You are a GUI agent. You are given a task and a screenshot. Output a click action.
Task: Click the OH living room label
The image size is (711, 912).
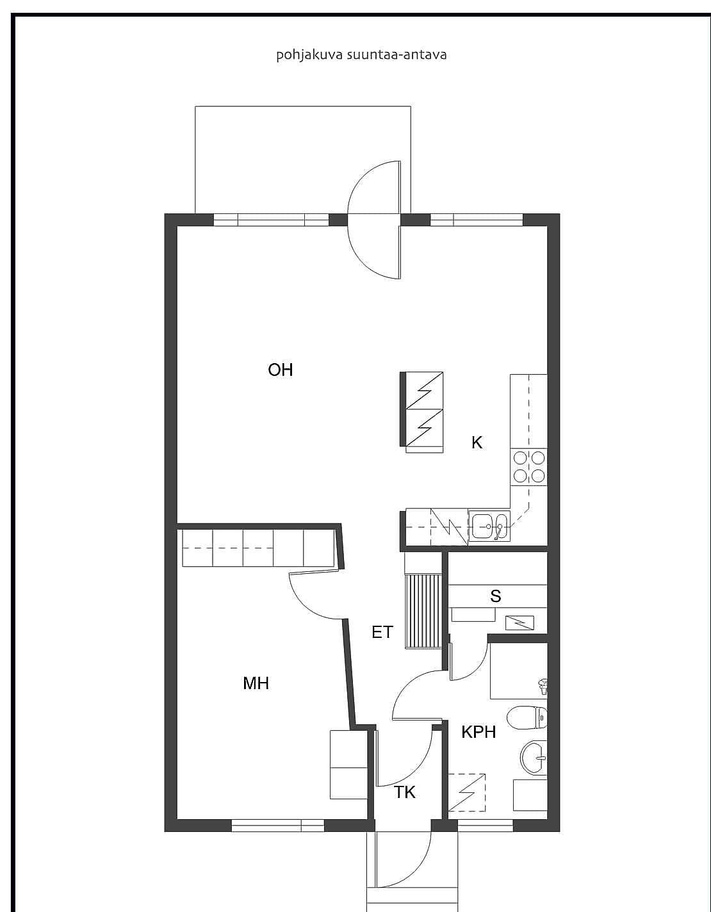(x=280, y=370)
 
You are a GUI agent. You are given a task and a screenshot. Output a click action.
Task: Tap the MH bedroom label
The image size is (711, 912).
(x=256, y=683)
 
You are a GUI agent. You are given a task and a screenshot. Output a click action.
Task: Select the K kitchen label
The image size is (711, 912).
(x=477, y=443)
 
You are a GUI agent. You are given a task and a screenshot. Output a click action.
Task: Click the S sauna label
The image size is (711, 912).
(x=496, y=596)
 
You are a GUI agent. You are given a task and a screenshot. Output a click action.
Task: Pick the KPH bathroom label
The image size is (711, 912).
(x=478, y=731)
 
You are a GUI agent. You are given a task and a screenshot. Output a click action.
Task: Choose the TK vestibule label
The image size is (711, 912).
(x=405, y=792)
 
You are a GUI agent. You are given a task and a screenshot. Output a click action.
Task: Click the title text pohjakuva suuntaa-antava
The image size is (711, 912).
(x=361, y=55)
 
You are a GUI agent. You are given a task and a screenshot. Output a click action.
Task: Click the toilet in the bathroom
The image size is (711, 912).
(x=527, y=717)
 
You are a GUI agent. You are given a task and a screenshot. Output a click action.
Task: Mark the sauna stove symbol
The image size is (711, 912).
(x=519, y=623)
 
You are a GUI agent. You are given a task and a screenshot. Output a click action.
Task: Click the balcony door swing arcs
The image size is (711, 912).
(x=373, y=220)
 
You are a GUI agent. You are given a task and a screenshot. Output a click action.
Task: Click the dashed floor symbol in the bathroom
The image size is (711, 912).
(x=467, y=792)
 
